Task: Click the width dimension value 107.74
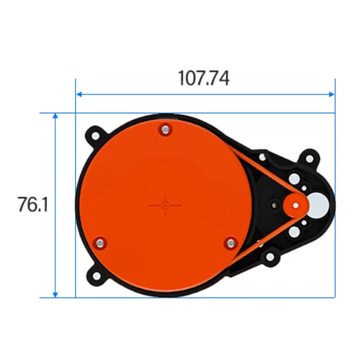[204, 78]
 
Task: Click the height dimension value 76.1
[33, 205]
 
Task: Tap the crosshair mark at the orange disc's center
[165, 205]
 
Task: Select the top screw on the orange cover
[165, 130]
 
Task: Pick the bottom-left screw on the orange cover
[99, 243]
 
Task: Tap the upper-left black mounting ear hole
[96, 135]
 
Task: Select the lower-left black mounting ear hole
[96, 275]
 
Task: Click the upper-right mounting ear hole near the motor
[309, 158]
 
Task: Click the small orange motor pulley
[295, 205]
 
